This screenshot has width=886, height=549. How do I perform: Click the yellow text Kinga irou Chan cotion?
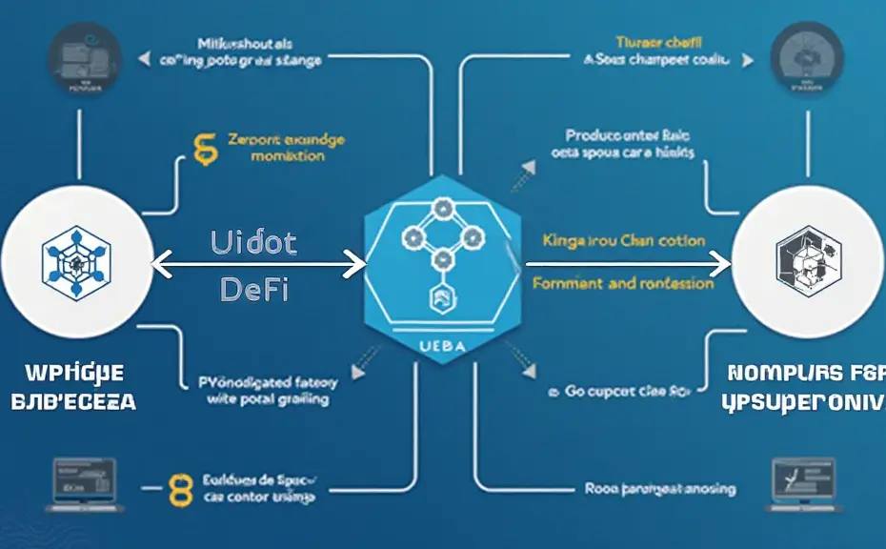pyautogui.click(x=623, y=240)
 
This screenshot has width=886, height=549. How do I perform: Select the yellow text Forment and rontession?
pyautogui.click(x=623, y=283)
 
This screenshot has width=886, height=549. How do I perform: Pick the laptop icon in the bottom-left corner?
pyautogui.click(x=86, y=479)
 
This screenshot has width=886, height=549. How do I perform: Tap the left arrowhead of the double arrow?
pyautogui.click(x=159, y=264)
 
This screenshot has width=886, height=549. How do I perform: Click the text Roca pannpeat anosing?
pyautogui.click(x=659, y=488)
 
